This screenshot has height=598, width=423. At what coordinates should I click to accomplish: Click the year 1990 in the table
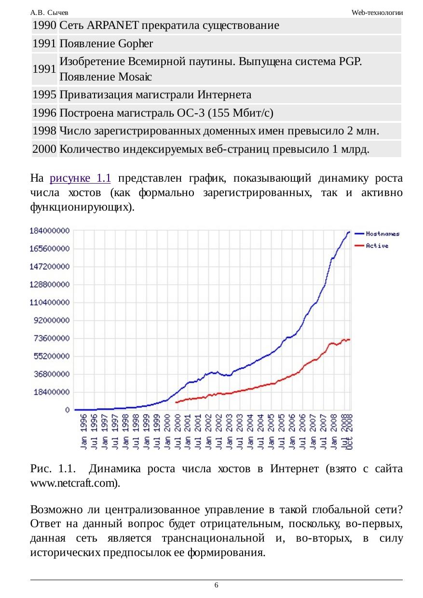(x=44, y=26)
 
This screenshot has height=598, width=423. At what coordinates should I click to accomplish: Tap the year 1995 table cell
(x=44, y=94)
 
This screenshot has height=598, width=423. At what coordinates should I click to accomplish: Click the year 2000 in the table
(x=44, y=149)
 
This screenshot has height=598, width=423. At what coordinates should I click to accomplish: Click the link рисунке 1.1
(x=81, y=179)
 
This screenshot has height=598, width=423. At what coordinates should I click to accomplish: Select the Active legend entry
(x=377, y=246)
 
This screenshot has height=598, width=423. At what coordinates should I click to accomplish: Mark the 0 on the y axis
(x=67, y=410)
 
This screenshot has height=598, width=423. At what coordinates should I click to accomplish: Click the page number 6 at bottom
(x=216, y=585)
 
